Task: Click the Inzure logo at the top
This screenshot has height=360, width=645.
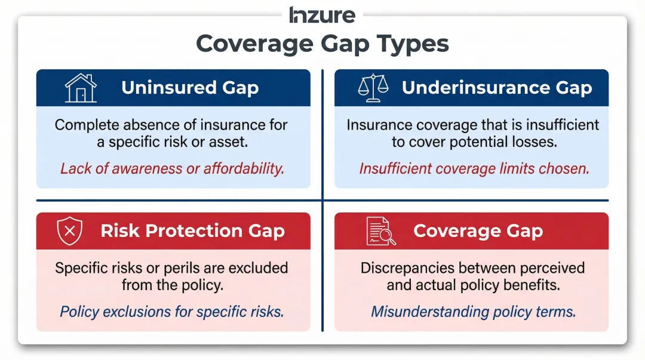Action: (322, 14)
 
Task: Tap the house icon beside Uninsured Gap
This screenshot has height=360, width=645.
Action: (81, 88)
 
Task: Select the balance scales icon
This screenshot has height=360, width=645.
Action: (373, 88)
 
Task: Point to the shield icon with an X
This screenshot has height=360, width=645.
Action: (69, 231)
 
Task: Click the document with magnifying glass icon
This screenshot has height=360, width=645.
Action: (380, 231)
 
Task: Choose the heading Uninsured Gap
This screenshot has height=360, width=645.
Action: (190, 88)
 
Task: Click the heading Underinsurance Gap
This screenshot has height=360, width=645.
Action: (496, 88)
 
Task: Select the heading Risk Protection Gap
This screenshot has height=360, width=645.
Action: (192, 231)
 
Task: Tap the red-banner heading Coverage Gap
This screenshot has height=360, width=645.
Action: (478, 231)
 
